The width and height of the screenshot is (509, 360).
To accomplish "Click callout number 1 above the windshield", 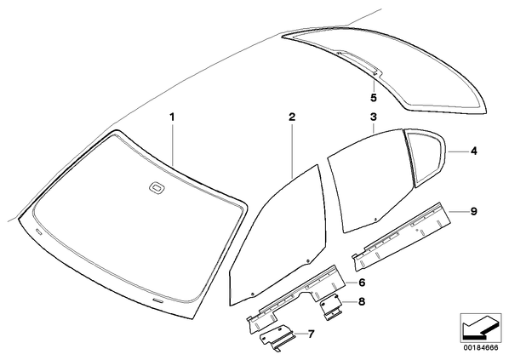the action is coord(173,117).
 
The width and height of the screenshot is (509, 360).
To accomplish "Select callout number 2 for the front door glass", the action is coord(292,117).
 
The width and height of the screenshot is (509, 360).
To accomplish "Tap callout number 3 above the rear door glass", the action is coord(374,117).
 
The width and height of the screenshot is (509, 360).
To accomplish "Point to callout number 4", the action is coord(474,151).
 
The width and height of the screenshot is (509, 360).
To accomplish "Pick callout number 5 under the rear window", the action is coord(374,97).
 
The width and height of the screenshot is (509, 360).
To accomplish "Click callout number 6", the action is coord(362,283).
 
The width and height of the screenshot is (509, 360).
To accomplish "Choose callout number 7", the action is coord(311,334).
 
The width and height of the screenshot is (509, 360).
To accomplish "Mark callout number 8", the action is coord(362,301).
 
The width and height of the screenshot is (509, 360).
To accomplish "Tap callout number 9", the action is coord(474,211).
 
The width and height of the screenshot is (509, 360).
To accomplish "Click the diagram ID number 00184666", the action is coord(481,348).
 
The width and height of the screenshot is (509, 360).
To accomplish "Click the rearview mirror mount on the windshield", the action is coord(157,187).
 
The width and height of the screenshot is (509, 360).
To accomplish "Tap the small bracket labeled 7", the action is coord(277,338).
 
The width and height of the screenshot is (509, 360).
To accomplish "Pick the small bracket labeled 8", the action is coord(331,308).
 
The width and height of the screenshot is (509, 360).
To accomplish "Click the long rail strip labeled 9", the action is coord(402,236).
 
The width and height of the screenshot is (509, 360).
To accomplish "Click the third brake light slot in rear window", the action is coord(357,62).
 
